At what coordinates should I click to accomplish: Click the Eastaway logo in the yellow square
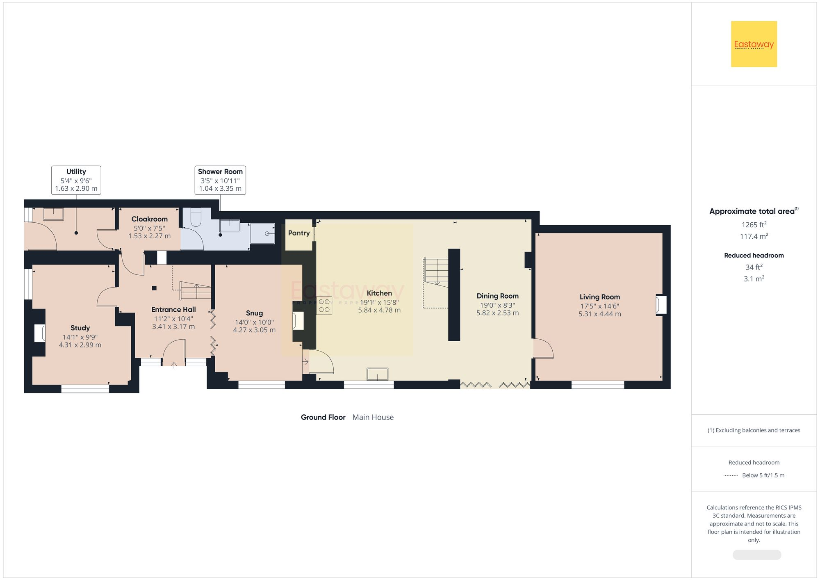pos(754,44)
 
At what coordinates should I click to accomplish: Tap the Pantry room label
pos(298,233)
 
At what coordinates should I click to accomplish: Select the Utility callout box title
pos(76,171)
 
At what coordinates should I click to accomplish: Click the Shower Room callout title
pos(220,171)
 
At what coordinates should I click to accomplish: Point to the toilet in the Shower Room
pos(196,217)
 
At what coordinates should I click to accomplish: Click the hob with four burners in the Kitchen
pos(324,306)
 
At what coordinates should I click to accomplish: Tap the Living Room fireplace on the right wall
pos(661,305)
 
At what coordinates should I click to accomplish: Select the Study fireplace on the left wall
pos(40,333)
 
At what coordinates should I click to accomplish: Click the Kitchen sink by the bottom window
pos(377,374)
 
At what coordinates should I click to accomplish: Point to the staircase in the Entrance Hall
pos(196,290)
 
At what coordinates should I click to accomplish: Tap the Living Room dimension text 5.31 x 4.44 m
pos(599,314)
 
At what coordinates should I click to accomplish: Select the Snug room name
pos(254,313)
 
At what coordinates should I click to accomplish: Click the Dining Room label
pos(497,296)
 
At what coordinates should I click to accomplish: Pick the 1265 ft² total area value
pos(754,225)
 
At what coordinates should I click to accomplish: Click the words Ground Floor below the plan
pos(323,417)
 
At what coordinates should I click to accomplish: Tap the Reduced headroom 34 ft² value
pos(754,267)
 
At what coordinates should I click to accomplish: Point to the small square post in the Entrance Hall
pos(155,288)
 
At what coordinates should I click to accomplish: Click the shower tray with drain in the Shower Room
pos(262,233)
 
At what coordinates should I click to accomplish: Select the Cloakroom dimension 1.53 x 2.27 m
pos(149,236)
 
